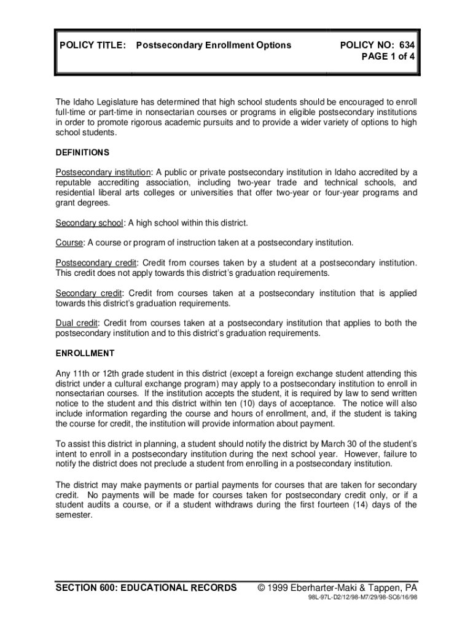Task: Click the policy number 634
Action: point(407,45)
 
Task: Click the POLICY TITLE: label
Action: point(93,45)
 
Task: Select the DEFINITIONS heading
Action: point(82,152)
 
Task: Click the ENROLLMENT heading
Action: point(85,353)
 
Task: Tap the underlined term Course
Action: point(69,243)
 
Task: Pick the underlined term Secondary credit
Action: point(89,293)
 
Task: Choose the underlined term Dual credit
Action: point(77,323)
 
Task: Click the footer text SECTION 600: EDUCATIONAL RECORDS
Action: point(146,588)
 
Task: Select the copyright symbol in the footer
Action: point(262,588)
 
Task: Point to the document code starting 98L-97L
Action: point(362,600)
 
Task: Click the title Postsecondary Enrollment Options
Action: point(213,45)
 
